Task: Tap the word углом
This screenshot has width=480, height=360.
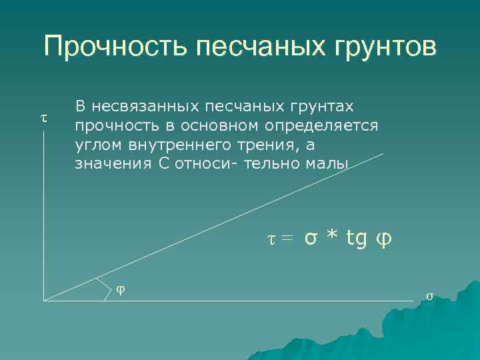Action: (97, 145)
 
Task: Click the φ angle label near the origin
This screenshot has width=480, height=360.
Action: (121, 289)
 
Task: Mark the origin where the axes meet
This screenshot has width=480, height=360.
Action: (44, 300)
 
